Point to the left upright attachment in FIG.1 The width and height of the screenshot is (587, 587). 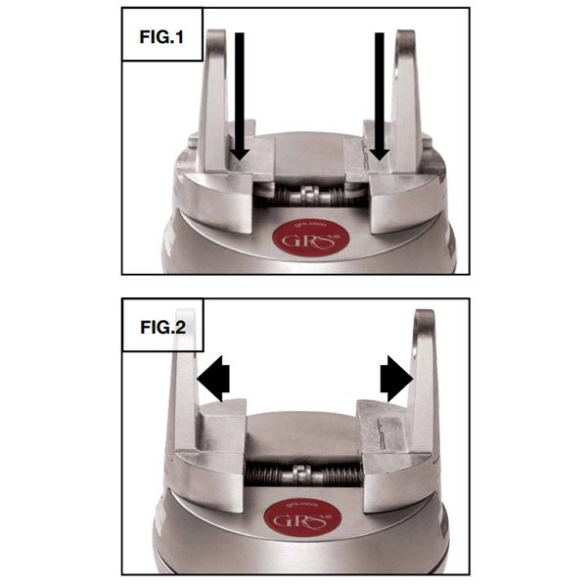point(215,98)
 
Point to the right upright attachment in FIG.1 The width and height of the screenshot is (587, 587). point(406,98)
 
